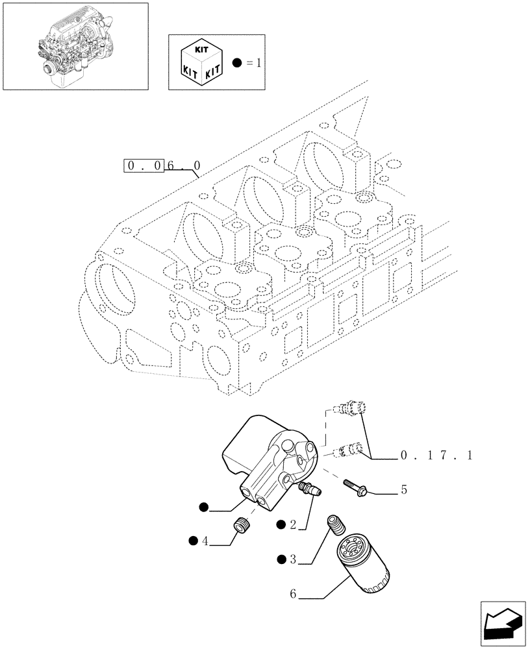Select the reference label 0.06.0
(x=162, y=166)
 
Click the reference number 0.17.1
(x=436, y=457)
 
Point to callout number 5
(x=403, y=489)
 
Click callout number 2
(x=293, y=524)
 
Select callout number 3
(x=293, y=559)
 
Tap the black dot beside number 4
(x=194, y=540)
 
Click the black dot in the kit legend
(x=236, y=63)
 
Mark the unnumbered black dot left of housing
(x=204, y=508)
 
